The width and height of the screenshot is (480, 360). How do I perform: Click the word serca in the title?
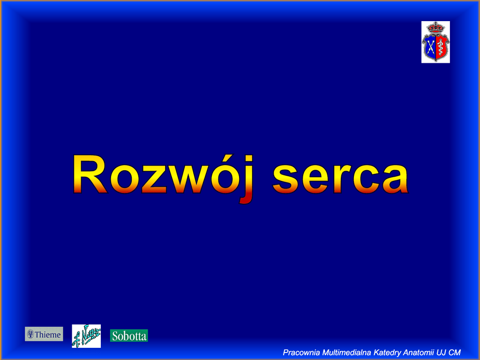coord(340,179)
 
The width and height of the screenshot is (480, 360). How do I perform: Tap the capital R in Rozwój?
coord(90,174)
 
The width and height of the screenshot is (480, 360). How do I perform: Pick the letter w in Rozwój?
coord(189,179)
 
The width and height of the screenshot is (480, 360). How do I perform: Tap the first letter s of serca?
coord(285,179)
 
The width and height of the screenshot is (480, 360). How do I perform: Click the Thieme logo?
coord(44,334)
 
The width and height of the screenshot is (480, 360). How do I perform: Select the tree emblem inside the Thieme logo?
coord(30,334)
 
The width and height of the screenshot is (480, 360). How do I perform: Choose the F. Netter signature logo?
coord(86,336)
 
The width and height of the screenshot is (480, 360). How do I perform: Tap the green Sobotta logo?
coord(129,336)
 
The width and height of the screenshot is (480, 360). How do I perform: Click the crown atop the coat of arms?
coord(435,28)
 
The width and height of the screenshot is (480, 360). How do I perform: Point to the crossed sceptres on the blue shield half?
coord(430,47)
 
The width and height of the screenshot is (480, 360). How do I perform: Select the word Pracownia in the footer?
coord(301,352)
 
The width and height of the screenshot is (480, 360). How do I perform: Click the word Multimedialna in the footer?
coord(347,352)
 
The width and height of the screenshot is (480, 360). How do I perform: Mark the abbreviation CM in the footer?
coord(455,352)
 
